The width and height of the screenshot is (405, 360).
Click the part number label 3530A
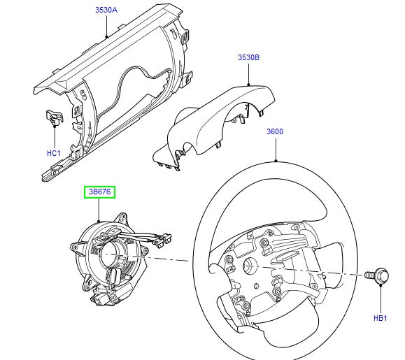[x=107, y=10]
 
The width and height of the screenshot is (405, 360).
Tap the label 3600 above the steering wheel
[x=275, y=131]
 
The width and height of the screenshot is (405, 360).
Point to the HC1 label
[x=54, y=152]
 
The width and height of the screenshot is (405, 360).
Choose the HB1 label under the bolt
[x=380, y=319]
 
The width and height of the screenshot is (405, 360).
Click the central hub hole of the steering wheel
[x=248, y=266]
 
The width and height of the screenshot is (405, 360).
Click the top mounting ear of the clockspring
[x=123, y=217]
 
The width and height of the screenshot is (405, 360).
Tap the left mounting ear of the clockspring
[x=74, y=246]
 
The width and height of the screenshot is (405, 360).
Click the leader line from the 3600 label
[x=275, y=147]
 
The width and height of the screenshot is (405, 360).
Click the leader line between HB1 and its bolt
[x=380, y=297]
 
